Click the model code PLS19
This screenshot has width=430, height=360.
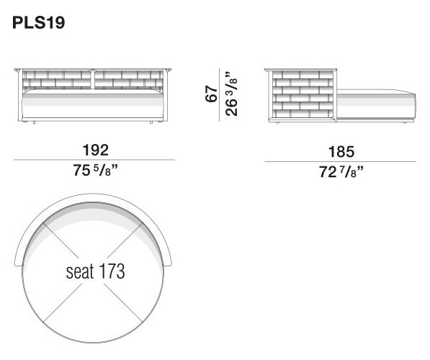coord(39,22)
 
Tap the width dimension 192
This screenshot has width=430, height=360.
coord(95,150)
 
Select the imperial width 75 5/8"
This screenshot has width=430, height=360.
coord(95,170)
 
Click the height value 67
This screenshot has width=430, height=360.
coord(212,94)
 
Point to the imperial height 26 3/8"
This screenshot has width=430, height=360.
coord(231,94)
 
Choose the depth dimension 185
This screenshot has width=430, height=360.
coord(341,152)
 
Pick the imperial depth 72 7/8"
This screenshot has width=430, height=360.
coord(341,172)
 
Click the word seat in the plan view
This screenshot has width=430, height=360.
coord(80,271)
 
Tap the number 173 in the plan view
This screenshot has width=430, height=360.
coord(112,271)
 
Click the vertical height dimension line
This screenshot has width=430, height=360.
coord(220,94)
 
